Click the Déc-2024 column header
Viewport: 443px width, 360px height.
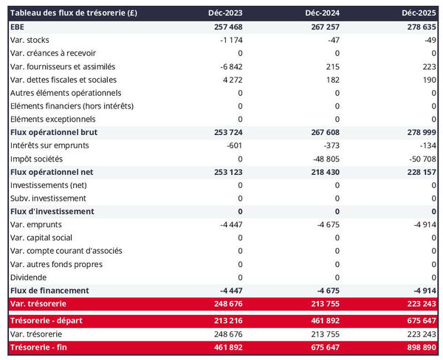pyautogui.click(x=322, y=13)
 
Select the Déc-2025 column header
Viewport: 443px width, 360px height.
pyautogui.click(x=419, y=13)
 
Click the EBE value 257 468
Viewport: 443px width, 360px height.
pyautogui.click(x=224, y=27)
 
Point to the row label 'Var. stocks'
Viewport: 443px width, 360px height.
pyautogui.click(x=30, y=40)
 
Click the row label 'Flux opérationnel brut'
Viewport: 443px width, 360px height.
pyautogui.click(x=54, y=132)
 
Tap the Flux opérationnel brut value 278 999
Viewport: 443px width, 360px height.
pyautogui.click(x=419, y=132)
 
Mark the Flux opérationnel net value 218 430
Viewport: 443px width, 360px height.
pyautogui.click(x=322, y=172)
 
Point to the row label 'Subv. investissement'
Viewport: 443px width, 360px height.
pyautogui.click(x=48, y=198)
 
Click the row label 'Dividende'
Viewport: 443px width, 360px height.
pyautogui.click(x=29, y=277)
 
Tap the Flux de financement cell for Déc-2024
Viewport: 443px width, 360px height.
pyautogui.click(x=326, y=291)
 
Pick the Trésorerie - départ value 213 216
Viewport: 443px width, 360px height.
pyautogui.click(x=224, y=321)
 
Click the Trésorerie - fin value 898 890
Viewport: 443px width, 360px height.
pyautogui.click(x=419, y=347)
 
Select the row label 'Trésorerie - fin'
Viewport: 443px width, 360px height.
pyautogui.click(x=42, y=347)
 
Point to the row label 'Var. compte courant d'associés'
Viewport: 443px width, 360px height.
pyautogui.click(x=66, y=251)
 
